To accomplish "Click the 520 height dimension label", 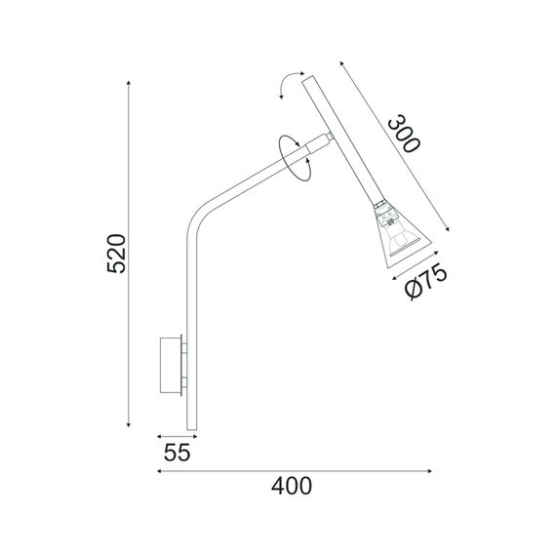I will (x=116, y=255).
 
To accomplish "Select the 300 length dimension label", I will (x=402, y=135).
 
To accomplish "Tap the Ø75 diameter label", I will (x=425, y=284).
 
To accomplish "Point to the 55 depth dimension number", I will (x=176, y=454).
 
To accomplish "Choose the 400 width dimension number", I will (x=292, y=486).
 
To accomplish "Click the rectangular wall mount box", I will (x=171, y=366).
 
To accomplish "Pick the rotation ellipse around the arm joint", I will (x=295, y=154).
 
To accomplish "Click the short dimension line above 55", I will (x=173, y=438).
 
